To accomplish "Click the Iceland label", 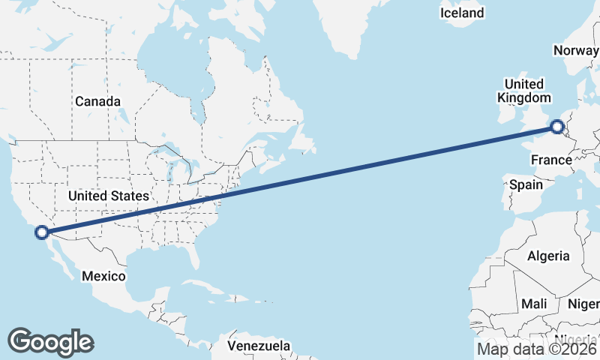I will point(462,13).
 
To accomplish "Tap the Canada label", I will point(97,101).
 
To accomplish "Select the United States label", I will point(108,196).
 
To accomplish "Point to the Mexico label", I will point(103,276).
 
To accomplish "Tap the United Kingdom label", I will point(524,91).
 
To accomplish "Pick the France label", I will point(551,160).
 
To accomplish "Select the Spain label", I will point(526,184).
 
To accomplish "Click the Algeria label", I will point(548,256).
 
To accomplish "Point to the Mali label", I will point(535,304).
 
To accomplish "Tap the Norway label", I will point(576,50).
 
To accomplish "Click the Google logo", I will point(51,342).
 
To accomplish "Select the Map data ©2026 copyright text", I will point(537,348).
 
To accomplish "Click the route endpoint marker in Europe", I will point(557,127).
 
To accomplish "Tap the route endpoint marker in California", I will point(42,232).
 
